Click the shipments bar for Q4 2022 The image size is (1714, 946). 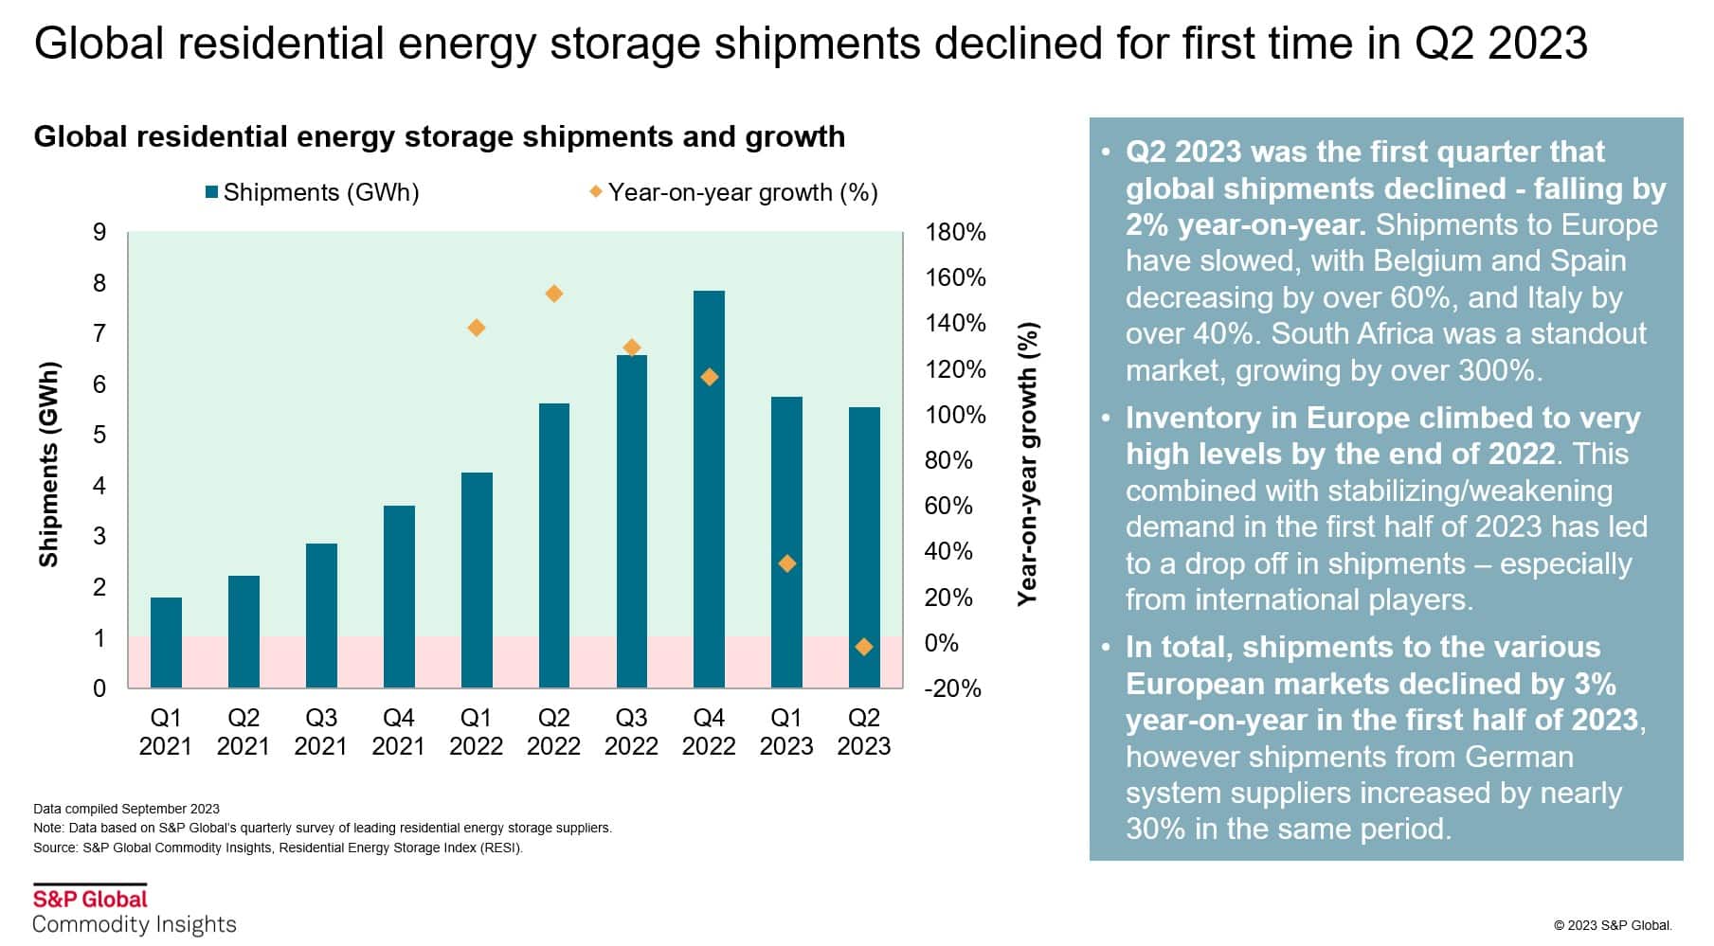tap(709, 489)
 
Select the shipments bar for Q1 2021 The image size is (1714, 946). tap(166, 642)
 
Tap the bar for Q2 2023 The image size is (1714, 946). tap(864, 547)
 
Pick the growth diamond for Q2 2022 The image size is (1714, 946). tap(554, 294)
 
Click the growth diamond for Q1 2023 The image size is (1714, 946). tap(786, 563)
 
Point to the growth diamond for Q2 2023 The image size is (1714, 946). tap(864, 647)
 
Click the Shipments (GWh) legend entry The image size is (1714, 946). tap(313, 192)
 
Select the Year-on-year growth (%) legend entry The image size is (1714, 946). tap(733, 192)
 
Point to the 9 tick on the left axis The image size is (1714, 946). tap(99, 232)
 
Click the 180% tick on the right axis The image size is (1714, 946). tap(955, 232)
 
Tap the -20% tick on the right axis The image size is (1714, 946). tap(952, 688)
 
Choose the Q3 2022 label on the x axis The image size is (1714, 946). tap(631, 732)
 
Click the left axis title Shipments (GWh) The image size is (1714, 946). tap(48, 464)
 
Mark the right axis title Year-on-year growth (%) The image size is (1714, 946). tap(1028, 464)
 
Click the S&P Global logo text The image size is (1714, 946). tap(91, 899)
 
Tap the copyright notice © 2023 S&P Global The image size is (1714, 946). tap(1613, 925)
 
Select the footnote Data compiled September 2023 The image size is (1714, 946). tap(126, 809)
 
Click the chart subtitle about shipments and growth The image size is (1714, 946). tap(439, 137)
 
